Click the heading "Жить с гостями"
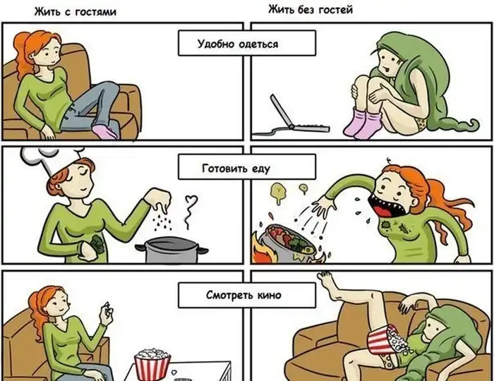tap(75, 12)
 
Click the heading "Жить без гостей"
tap(311, 10)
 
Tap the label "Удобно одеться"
tap(238, 44)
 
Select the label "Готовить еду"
tap(236, 168)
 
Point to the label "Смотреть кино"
tap(243, 295)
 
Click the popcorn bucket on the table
tap(152, 363)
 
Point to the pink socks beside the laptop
tap(362, 123)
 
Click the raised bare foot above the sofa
tap(327, 284)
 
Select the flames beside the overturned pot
tap(264, 249)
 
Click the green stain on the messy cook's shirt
tap(385, 225)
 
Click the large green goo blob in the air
tap(279, 192)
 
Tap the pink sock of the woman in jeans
tap(107, 132)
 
